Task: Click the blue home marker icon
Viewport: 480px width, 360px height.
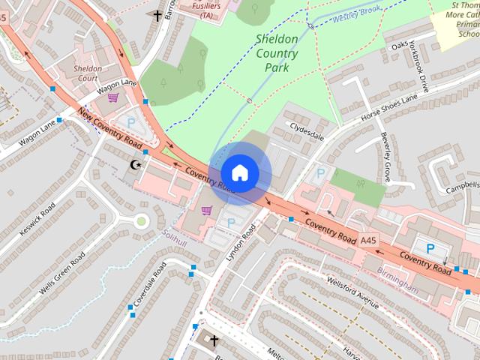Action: coord(239,172)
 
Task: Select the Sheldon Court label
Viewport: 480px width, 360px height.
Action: coord(88,73)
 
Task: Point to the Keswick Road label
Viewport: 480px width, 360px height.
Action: coord(37,219)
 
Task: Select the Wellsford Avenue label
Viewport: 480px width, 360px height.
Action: coord(353,292)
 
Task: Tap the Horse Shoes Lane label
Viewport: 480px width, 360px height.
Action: coord(388,109)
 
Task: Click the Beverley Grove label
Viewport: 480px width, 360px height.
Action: coord(385,157)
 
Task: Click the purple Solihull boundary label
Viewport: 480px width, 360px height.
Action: coord(175,234)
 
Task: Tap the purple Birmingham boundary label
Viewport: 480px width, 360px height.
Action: coord(397,279)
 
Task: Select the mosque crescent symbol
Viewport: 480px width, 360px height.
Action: coord(136,164)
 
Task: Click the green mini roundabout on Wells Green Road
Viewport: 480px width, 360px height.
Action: coord(141,220)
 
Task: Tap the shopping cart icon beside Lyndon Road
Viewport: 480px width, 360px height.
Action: coord(207,210)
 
